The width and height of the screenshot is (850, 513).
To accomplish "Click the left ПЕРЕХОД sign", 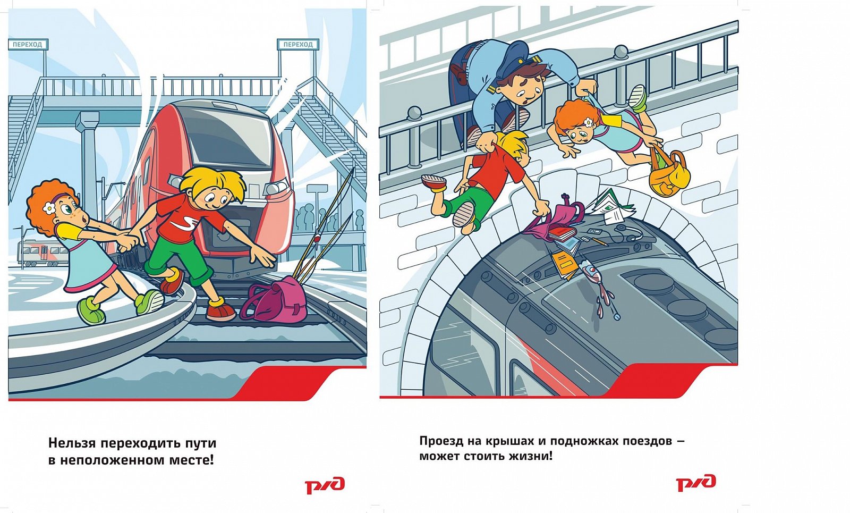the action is (28, 45).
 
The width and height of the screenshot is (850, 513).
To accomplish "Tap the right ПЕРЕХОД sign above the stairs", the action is (298, 45).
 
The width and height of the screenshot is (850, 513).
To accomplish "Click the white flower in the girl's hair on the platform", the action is (49, 208).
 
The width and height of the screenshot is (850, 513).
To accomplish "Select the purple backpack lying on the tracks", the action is (274, 300).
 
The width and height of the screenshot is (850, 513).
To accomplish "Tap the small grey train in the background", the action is (42, 254).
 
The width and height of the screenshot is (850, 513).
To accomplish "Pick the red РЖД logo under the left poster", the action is (325, 485).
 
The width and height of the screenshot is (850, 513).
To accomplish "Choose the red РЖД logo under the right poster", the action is (695, 483).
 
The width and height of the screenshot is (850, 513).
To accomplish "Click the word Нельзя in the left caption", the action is (72, 443).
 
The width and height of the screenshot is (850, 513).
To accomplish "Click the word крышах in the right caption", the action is (497, 442).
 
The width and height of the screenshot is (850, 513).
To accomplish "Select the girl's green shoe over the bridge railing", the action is (637, 98).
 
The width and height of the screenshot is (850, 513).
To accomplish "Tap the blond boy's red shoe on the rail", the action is (221, 310).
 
